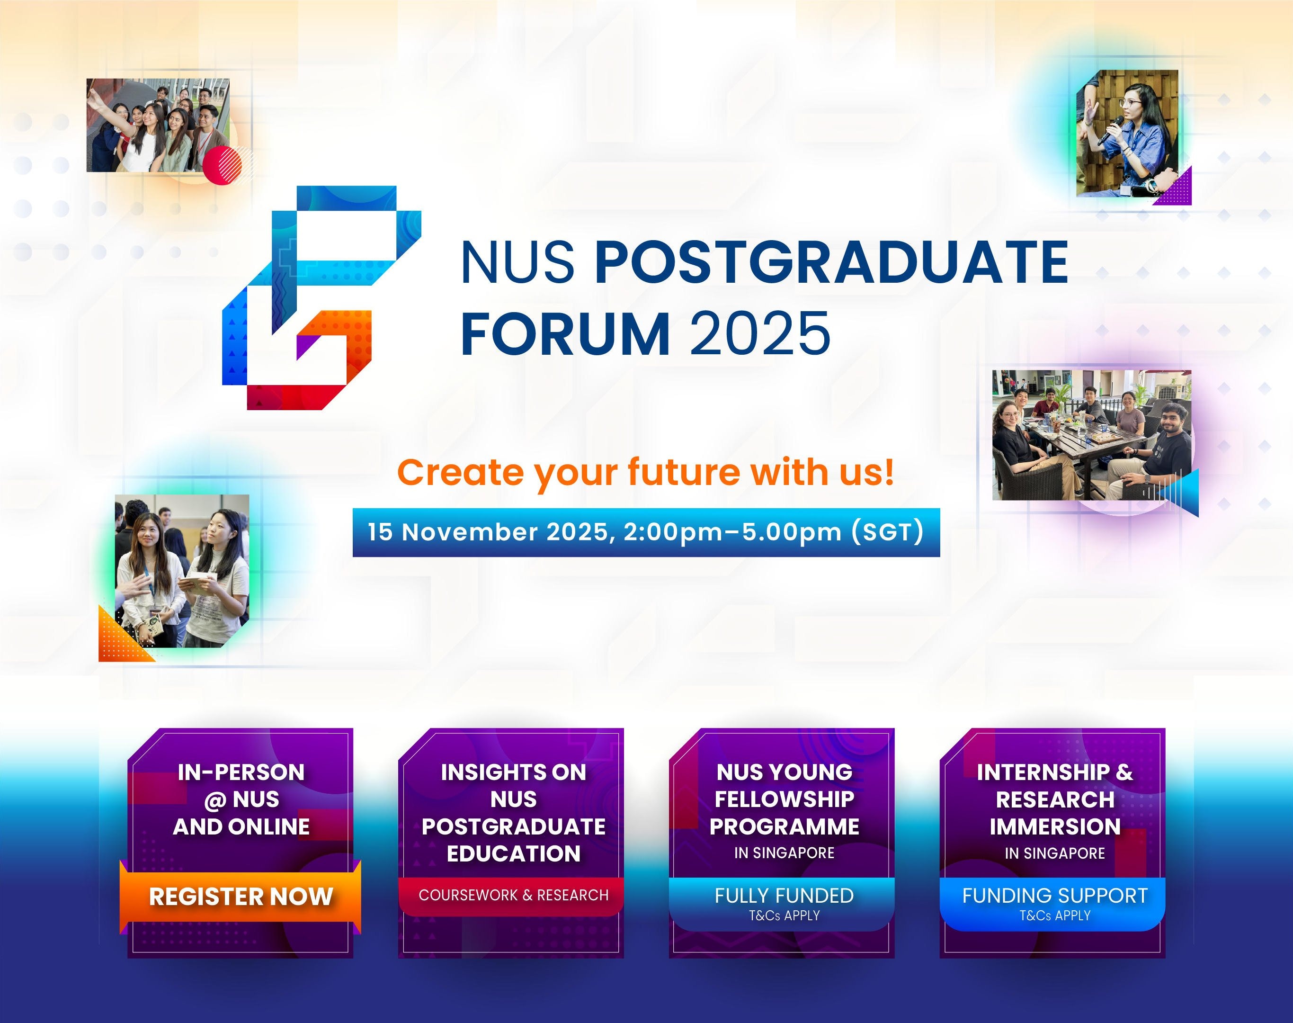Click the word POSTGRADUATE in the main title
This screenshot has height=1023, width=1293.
coord(832,262)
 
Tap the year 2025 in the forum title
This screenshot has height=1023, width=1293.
coord(760,333)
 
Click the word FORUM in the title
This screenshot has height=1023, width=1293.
coord(566,333)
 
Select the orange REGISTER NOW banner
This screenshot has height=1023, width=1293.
coord(241,897)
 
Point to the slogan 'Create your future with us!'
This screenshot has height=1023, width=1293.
coord(646,472)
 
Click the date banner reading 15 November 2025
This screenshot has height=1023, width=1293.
coord(646,532)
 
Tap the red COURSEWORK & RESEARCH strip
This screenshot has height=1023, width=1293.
coord(514,896)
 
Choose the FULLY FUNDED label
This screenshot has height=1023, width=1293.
coord(784,896)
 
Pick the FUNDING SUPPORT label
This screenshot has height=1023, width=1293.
coord(1055,896)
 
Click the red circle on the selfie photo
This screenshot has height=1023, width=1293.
coord(222,165)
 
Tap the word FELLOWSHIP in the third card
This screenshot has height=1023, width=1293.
coord(784,799)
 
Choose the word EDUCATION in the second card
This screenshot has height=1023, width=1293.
coord(514,854)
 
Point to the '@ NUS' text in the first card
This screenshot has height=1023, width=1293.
coord(241,799)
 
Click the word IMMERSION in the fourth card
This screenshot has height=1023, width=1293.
coord(1055,827)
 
